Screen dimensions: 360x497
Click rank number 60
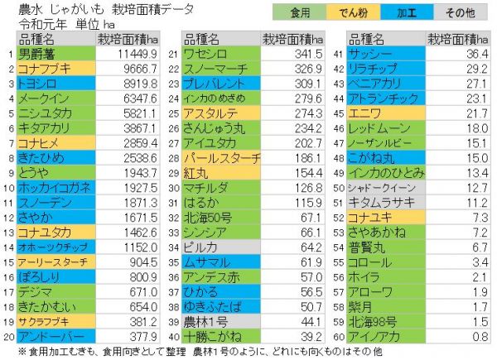(x=339, y=337)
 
